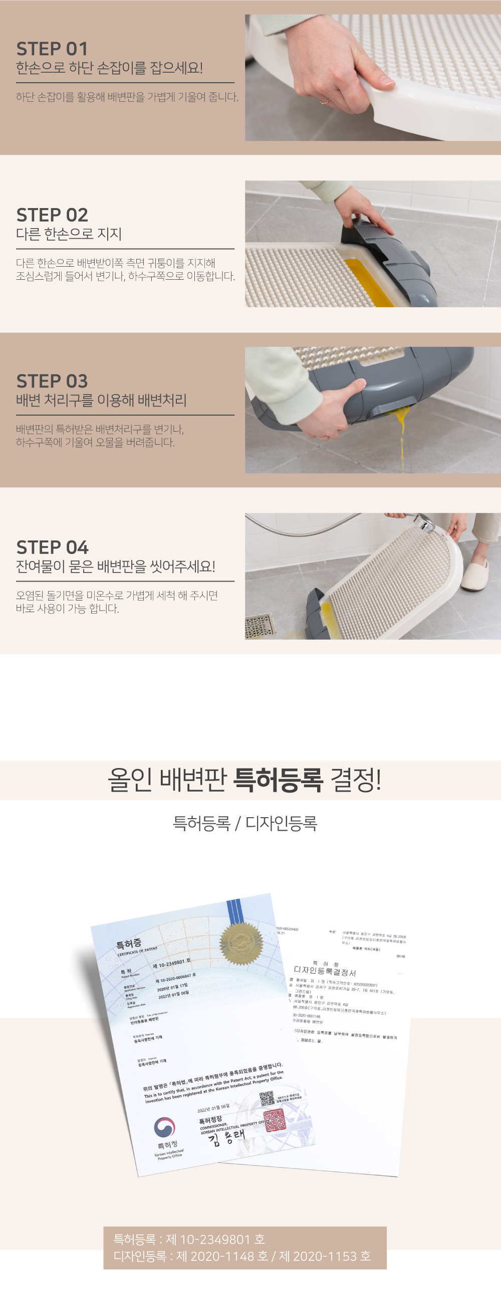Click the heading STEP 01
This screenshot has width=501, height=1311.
click(52, 49)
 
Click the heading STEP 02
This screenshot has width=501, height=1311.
click(52, 215)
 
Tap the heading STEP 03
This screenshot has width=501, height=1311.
click(52, 381)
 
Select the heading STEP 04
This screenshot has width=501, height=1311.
click(52, 547)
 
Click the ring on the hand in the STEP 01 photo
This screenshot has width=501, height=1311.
click(324, 101)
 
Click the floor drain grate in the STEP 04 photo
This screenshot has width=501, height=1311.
click(260, 625)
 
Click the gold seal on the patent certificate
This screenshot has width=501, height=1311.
click(241, 943)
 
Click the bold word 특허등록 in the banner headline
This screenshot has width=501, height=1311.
click(278, 780)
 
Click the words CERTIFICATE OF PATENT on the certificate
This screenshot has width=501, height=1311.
click(137, 951)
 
